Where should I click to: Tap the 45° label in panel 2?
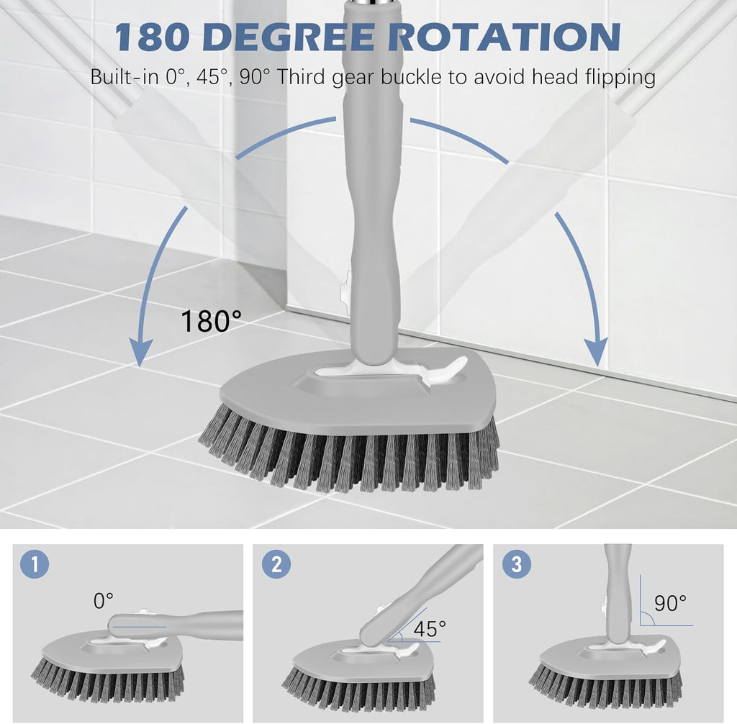430,628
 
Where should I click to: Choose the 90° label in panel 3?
670,603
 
